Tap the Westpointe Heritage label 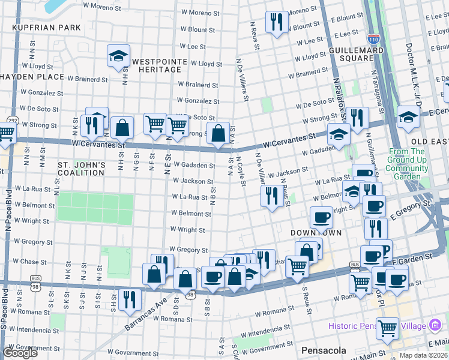point(156,65)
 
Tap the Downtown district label point(316,232)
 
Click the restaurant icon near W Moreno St point(276,22)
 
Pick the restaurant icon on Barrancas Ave point(130,299)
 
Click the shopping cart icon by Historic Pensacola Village point(387,328)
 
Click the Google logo point(20,353)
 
